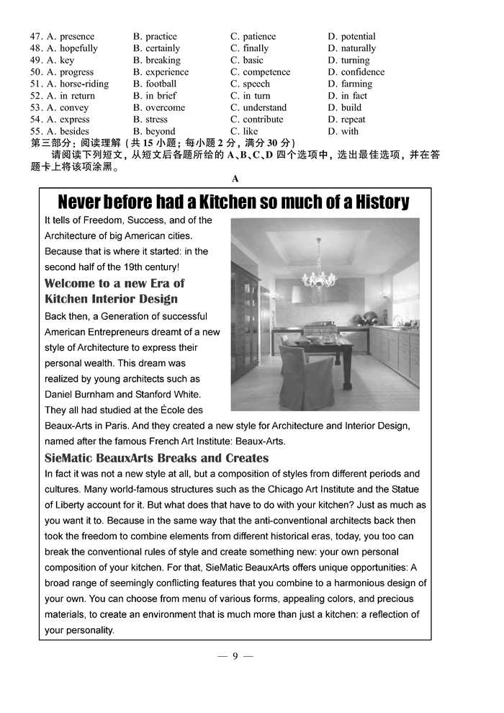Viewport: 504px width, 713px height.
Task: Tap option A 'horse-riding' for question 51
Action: pos(78,84)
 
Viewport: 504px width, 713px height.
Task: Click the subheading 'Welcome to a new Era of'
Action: pos(114,283)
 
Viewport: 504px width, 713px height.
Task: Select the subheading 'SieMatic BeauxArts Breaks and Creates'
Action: pos(156,458)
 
